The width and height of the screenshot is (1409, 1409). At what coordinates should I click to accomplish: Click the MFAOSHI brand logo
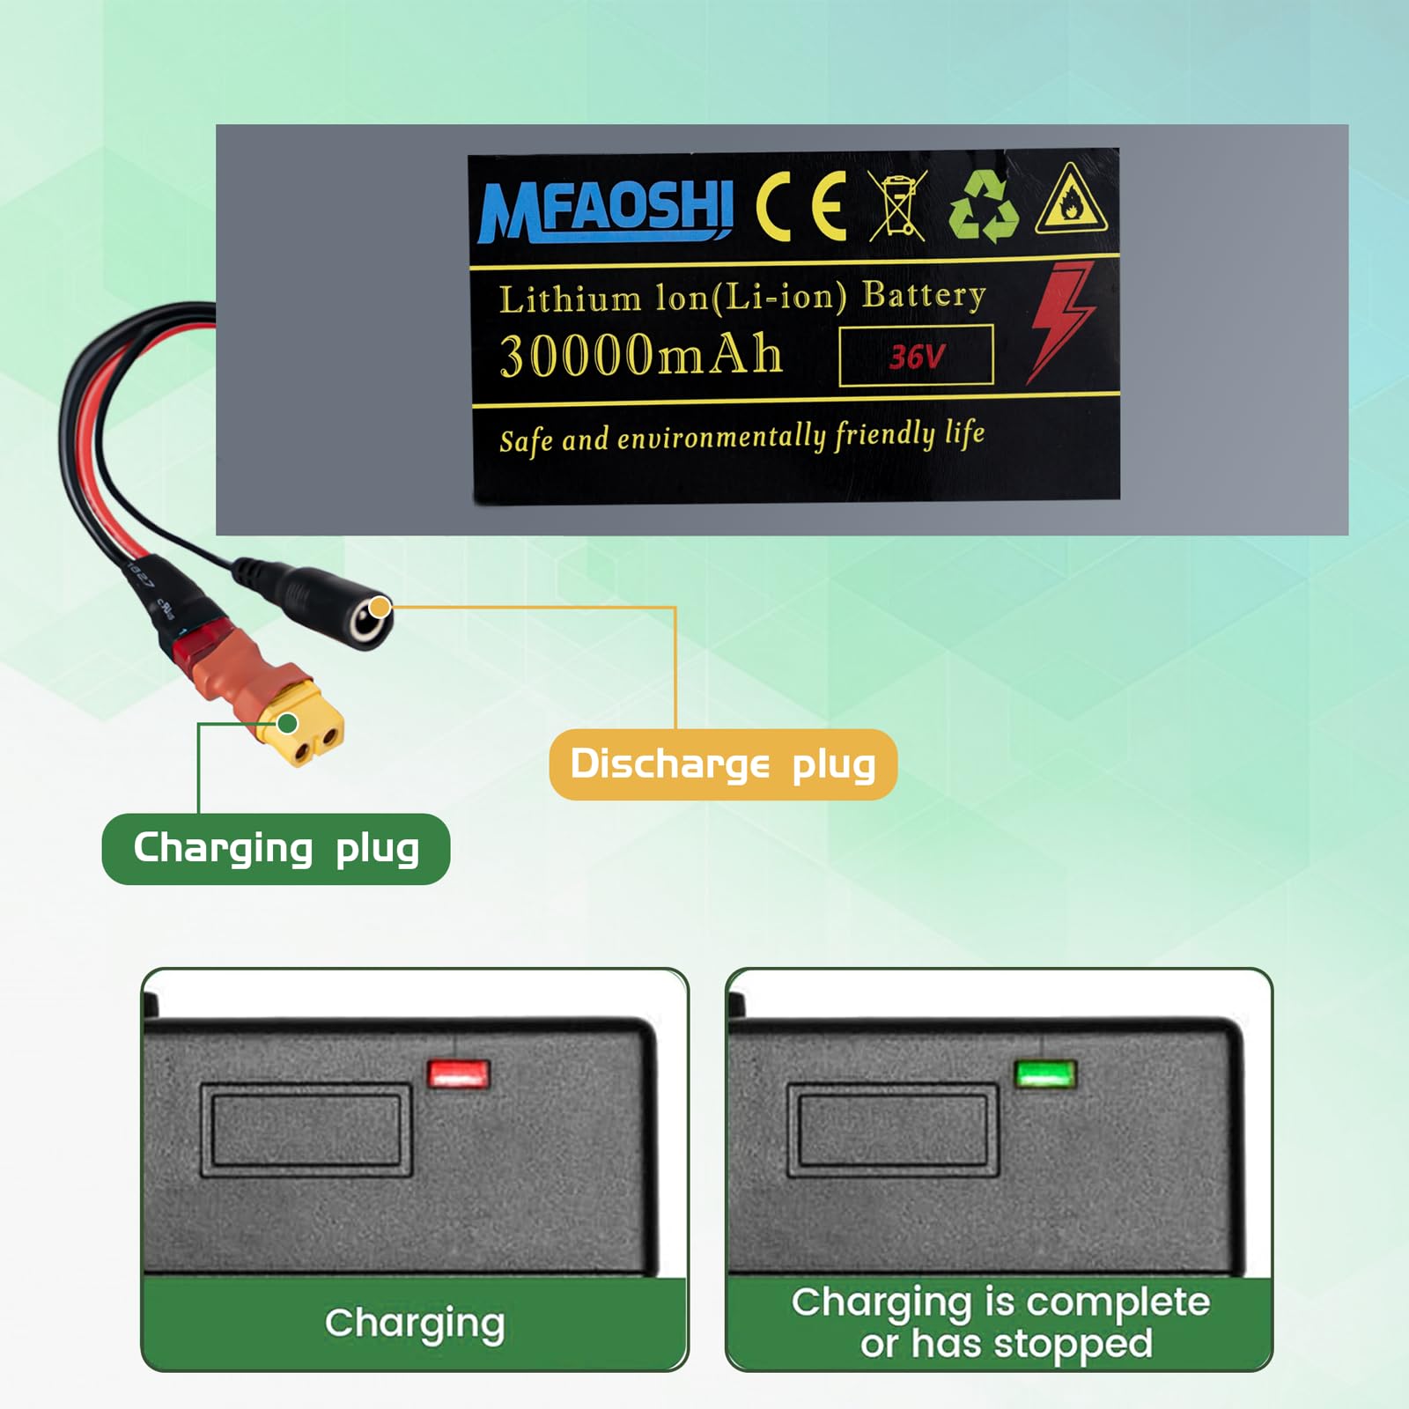(606, 210)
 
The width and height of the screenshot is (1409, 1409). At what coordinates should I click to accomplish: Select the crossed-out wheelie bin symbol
(897, 206)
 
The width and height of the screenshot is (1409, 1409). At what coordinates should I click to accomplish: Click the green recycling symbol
(984, 206)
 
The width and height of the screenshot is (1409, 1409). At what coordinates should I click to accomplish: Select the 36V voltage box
(916, 356)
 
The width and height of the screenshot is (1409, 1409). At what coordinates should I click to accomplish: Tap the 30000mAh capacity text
(641, 355)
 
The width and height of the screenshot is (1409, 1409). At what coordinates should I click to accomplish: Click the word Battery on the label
(923, 295)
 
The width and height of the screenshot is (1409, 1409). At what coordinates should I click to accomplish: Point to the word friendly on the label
(884, 435)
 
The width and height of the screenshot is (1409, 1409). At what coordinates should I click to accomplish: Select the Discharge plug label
(723, 764)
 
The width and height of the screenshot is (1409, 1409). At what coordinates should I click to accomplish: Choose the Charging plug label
(276, 849)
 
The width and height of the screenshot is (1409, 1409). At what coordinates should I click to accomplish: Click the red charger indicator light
(458, 1073)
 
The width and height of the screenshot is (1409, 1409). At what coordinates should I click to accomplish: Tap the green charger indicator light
(1045, 1074)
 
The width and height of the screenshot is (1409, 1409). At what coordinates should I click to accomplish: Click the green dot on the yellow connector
(287, 724)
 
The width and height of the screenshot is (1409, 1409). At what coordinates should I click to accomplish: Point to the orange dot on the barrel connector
(380, 607)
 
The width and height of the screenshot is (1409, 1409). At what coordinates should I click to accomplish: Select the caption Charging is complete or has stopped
(1000, 1323)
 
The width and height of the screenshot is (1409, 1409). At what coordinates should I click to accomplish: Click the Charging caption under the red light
(415, 1323)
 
